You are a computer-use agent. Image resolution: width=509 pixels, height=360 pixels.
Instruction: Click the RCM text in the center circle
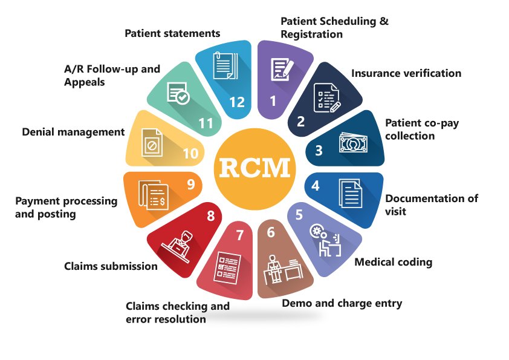[255, 168]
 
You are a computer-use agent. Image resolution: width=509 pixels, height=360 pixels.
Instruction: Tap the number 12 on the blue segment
[236, 102]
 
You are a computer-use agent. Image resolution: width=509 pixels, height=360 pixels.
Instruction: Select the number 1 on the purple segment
[273, 100]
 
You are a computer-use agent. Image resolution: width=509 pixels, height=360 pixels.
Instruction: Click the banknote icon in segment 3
[353, 143]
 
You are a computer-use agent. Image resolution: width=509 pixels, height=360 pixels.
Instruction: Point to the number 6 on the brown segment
[271, 232]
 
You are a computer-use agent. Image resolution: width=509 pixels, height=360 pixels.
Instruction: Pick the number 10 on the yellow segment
[190, 153]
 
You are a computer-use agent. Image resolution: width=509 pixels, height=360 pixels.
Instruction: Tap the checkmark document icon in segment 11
[178, 93]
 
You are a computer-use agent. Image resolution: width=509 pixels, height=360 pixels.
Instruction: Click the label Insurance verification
[406, 73]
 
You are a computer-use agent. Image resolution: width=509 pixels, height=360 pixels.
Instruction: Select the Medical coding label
[393, 262]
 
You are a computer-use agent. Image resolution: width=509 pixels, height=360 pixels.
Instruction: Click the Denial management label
[73, 132]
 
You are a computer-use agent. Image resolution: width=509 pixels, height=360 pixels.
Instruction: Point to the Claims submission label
[111, 266]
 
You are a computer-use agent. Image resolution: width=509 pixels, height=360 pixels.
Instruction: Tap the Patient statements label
[172, 33]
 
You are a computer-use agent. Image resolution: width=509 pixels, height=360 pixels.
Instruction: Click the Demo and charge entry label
[342, 303]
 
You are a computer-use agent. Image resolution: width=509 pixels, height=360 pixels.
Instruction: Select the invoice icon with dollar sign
[153, 195]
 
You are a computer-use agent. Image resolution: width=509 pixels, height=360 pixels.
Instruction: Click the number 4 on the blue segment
[315, 186]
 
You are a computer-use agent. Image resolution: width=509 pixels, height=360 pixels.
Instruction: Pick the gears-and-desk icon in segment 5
[326, 240]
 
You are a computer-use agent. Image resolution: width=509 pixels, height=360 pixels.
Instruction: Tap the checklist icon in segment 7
[227, 267]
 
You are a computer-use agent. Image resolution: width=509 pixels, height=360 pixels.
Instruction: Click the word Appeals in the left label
[85, 82]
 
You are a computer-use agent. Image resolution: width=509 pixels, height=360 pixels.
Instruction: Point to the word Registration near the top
[312, 34]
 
